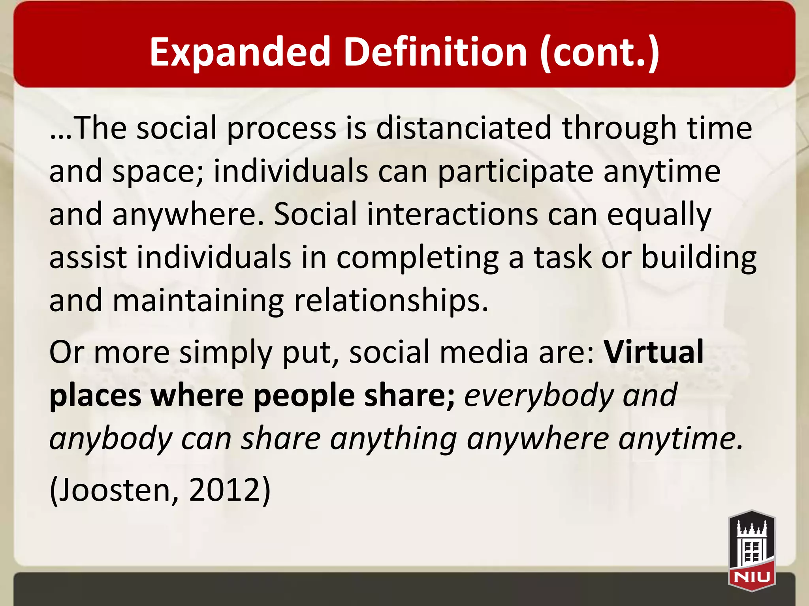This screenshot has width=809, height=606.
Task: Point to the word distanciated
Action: (464, 128)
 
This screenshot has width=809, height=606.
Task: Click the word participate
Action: (516, 172)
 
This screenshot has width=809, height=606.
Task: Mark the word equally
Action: (659, 215)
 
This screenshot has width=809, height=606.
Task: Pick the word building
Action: (698, 258)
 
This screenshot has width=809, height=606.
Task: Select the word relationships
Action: (391, 301)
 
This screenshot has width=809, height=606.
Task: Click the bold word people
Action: (304, 396)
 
